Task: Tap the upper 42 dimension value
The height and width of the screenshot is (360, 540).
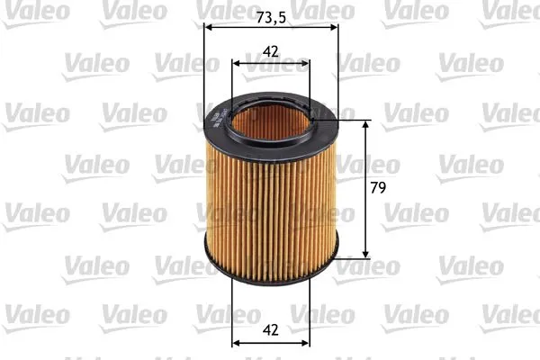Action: (x=271, y=51)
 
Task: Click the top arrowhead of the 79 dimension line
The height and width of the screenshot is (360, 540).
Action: (x=365, y=125)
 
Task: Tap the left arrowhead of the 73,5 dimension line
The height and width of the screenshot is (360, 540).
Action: (x=210, y=27)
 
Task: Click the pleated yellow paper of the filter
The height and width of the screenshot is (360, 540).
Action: (x=271, y=207)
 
